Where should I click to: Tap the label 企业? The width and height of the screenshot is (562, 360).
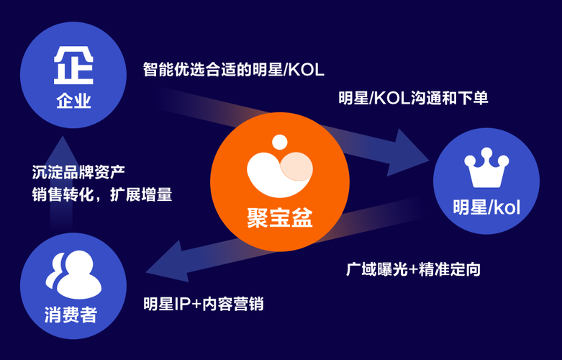73,100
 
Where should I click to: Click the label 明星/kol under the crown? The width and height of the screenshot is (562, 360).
486,207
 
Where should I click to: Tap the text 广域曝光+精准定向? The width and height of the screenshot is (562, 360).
413,270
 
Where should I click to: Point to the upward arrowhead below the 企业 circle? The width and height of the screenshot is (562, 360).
62,148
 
